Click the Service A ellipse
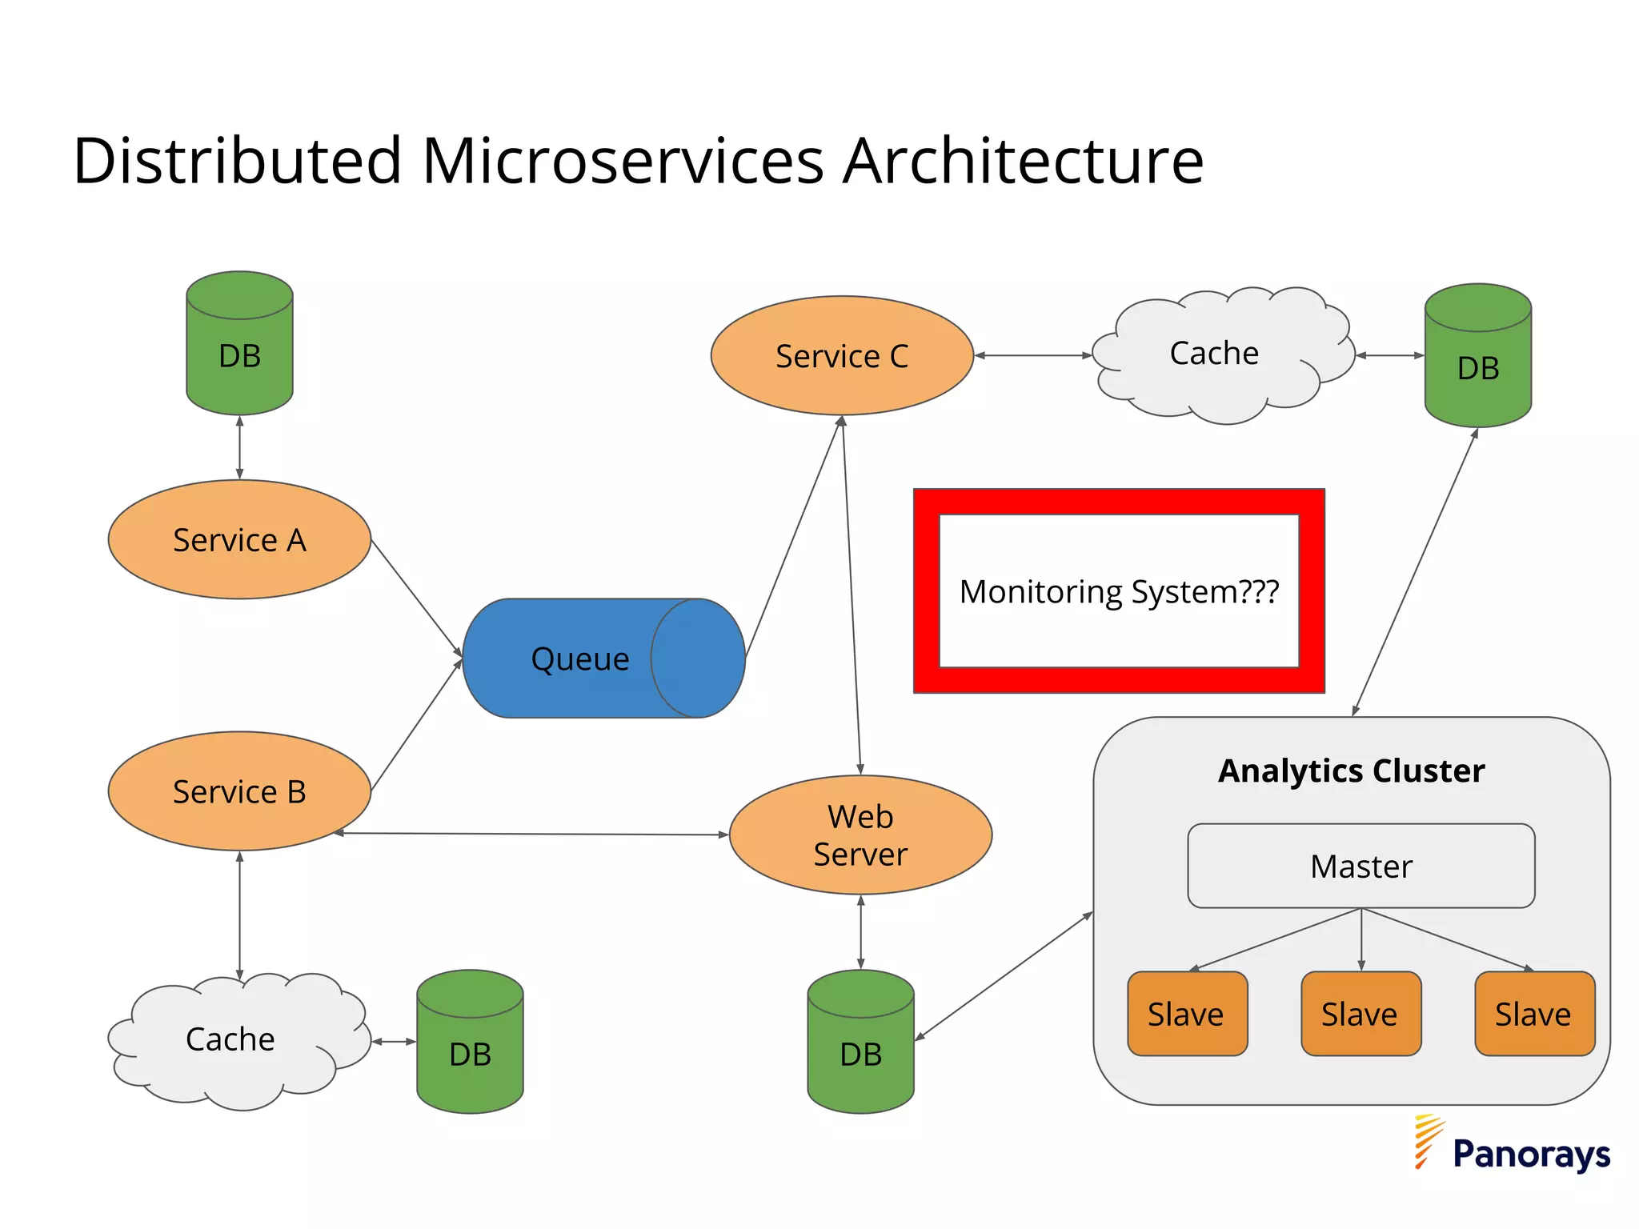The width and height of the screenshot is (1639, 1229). pos(239,539)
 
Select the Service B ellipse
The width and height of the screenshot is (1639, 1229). pos(239,791)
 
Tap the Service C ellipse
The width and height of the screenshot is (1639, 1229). pos(842,355)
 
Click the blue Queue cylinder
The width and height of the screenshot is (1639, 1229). pos(580,659)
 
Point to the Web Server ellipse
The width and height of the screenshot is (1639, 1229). pos(860,835)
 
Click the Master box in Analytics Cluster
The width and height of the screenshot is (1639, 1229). pos(1360,866)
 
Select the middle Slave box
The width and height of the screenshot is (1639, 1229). pos(1360,1014)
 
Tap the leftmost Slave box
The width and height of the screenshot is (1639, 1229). pos(1187,1014)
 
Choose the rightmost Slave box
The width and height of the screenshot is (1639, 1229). pos(1534,1014)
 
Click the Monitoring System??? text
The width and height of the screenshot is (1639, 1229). pos(1119,592)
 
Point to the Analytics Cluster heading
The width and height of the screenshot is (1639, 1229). pos(1351,771)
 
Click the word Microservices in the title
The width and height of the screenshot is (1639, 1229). pos(623,161)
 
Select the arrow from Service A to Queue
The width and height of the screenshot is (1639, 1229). pos(416,598)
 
